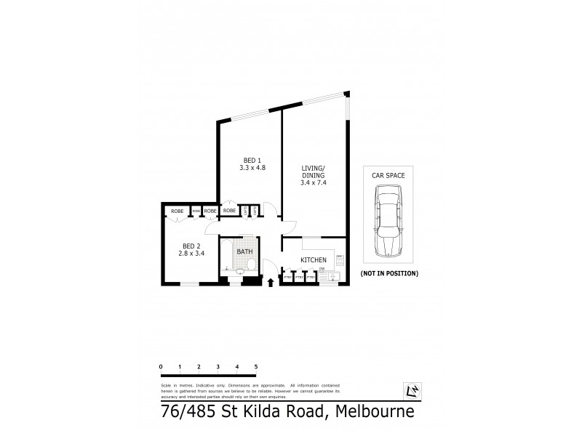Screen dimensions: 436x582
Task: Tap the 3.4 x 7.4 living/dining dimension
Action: [314, 183]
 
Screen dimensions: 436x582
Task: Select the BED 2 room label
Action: [191, 246]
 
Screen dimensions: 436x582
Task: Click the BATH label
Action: [244, 252]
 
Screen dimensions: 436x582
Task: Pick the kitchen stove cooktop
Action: [340, 259]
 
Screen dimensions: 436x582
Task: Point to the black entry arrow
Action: [271, 283]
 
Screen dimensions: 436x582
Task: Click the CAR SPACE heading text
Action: [389, 175]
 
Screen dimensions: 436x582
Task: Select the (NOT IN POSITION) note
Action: [389, 274]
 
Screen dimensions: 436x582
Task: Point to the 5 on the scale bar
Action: [255, 366]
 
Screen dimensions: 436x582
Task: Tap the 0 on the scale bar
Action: [160, 366]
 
